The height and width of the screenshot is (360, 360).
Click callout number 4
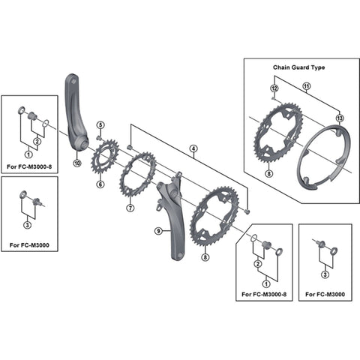[193, 148]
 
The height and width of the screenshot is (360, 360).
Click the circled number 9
[157, 232]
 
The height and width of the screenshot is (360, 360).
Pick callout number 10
[76, 161]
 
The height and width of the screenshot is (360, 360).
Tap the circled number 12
[274, 89]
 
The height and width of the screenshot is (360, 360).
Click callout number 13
[340, 118]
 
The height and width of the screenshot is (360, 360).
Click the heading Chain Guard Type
[298, 66]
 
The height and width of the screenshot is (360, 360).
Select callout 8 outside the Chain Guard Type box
[205, 256]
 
